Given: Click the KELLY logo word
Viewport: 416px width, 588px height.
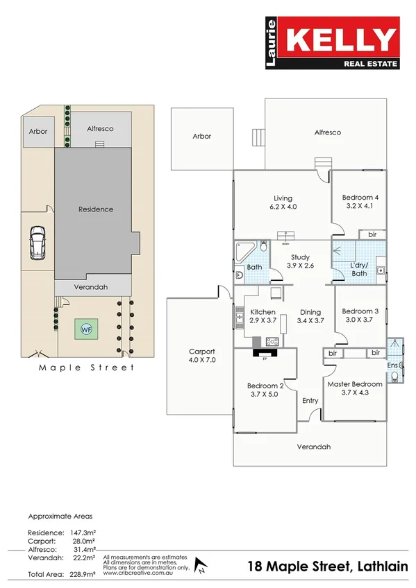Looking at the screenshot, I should pos(342,40).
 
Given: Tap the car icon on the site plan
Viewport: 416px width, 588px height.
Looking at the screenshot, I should pos(38,244).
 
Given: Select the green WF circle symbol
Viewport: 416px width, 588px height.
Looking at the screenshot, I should pos(86,329).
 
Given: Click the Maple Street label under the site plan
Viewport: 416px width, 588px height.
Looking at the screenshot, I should pos(86,367).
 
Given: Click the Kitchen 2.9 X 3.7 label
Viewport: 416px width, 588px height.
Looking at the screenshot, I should pos(263,316).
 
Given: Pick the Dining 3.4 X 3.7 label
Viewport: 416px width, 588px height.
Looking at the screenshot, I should pos(310,316).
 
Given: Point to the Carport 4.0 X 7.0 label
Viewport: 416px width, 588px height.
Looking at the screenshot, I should pos(202,356).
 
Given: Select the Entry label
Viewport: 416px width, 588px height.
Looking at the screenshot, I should pos(310,401).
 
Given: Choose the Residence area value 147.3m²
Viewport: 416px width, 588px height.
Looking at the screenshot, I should pos(82,532).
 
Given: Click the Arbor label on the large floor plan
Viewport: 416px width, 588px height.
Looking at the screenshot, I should pos(201,137).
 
